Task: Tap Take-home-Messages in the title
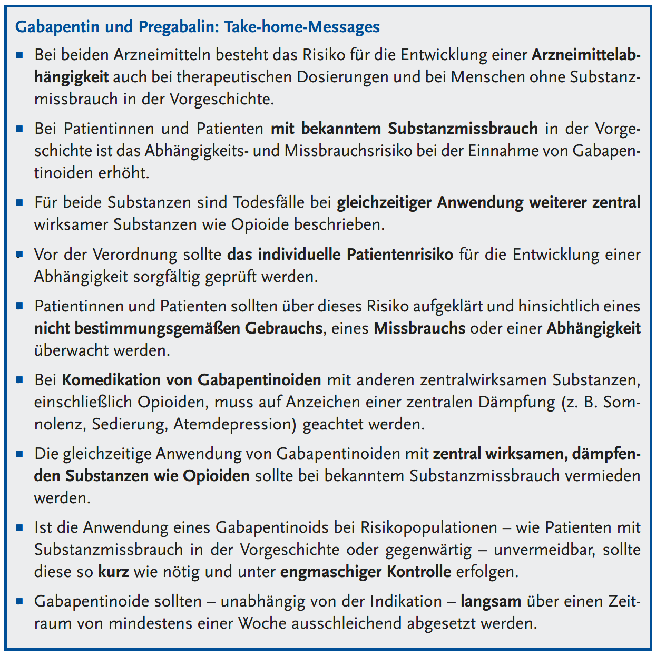(x=302, y=27)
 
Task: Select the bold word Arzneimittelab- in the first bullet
(x=586, y=55)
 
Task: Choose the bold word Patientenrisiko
(x=400, y=255)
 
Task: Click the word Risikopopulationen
(x=429, y=527)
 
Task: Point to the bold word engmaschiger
(x=330, y=572)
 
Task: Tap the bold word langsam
(x=491, y=601)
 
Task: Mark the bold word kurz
(x=113, y=572)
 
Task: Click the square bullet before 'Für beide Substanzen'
(x=20, y=202)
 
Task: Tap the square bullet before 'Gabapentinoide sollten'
(x=20, y=601)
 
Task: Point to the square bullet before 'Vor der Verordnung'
(x=20, y=254)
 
